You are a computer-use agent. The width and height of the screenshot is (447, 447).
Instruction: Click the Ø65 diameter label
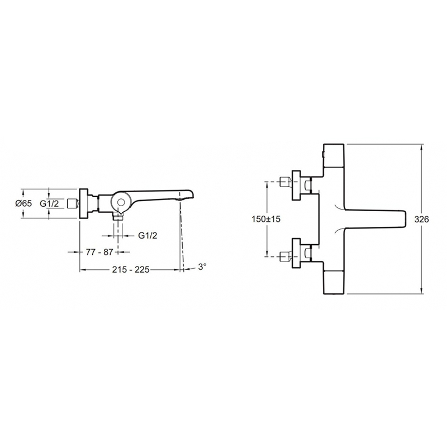coord(24,203)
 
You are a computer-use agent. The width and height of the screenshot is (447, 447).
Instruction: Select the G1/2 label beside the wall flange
coord(49,203)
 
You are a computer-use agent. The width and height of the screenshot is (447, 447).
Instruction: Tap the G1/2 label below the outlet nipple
coord(148,235)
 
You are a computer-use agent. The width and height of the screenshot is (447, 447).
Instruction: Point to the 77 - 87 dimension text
coord(99,252)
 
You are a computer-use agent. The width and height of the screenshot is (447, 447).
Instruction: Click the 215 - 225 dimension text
coord(131,269)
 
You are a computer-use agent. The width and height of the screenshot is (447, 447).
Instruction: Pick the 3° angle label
coord(202,267)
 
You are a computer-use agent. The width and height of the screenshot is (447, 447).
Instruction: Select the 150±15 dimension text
coord(266,219)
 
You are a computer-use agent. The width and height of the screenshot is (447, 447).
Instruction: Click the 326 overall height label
coord(421,219)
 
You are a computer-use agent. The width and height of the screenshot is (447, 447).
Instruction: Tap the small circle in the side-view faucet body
coord(121,203)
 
